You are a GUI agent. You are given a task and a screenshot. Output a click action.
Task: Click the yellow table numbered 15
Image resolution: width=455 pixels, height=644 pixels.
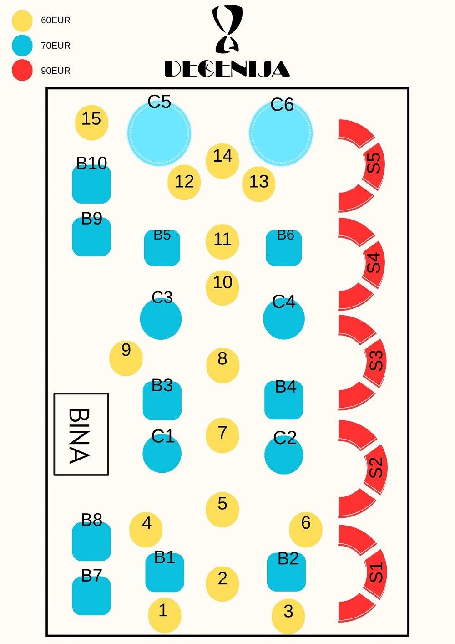click(x=91, y=123)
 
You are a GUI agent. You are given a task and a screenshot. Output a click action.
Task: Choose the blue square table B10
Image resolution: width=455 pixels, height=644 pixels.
click(x=91, y=184)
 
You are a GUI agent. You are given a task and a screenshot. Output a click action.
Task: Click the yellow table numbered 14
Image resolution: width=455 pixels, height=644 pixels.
click(x=222, y=161)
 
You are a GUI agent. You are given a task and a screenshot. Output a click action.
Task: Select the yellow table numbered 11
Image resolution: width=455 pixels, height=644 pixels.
click(x=222, y=242)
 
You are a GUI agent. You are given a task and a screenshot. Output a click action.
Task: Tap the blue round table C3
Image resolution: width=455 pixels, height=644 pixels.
click(x=161, y=319)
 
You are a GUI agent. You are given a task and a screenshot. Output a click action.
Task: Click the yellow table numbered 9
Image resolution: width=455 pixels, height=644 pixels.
click(x=126, y=358)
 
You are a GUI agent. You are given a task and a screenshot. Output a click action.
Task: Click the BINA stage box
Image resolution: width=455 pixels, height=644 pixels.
click(x=81, y=434)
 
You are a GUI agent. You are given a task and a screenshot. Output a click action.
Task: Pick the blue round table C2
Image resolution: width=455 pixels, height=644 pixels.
click(x=283, y=455)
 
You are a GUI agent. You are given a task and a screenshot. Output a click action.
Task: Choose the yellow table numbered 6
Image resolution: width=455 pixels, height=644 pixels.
click(x=306, y=529)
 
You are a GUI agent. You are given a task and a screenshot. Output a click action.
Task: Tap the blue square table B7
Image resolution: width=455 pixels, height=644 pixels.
click(x=91, y=595)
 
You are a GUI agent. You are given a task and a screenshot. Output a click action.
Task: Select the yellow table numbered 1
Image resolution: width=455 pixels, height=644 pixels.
click(x=164, y=615)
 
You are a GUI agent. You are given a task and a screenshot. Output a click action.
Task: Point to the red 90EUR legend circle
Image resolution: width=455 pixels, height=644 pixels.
click(x=22, y=71)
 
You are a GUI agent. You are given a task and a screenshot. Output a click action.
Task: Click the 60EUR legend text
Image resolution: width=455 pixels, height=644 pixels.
click(x=56, y=20)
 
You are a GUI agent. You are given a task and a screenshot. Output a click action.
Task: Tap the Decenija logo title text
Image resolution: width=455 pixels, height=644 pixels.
click(x=227, y=69)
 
